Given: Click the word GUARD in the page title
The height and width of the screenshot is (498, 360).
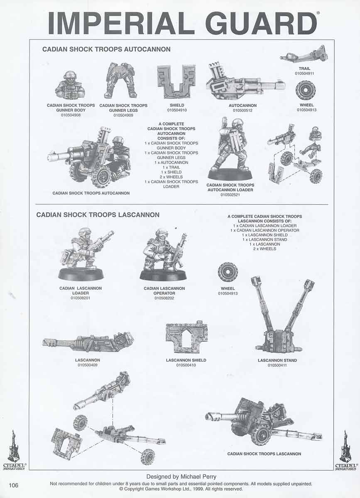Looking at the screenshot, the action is [261, 23].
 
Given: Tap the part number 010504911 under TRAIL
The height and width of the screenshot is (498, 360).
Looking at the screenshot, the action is [304, 73].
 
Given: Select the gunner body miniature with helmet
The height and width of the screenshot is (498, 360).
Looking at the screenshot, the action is [70, 85].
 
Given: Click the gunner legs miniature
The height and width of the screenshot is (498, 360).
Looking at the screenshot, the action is [121, 81].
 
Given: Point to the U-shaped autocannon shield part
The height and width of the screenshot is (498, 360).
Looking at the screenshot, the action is [176, 82].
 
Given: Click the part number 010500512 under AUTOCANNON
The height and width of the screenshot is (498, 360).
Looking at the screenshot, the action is [242, 110].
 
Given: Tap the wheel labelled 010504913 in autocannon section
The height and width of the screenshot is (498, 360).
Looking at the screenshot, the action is [306, 90].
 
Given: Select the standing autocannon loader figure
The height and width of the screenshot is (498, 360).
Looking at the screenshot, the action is [230, 149].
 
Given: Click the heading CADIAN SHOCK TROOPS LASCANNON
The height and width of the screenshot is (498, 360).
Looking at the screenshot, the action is [98, 215].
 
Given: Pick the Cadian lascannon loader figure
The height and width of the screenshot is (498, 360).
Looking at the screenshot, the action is [83, 255].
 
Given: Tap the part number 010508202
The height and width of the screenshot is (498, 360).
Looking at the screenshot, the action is [164, 298].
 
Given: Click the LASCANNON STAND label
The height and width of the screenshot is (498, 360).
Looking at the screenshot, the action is [277, 360].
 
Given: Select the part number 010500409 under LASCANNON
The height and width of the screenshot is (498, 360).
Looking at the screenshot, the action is [88, 365].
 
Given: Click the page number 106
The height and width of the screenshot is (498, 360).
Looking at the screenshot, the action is [14, 485].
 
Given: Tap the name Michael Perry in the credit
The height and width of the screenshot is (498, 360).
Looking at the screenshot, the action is [198, 477].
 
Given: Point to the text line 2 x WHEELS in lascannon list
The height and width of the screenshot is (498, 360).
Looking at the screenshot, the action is [264, 249].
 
